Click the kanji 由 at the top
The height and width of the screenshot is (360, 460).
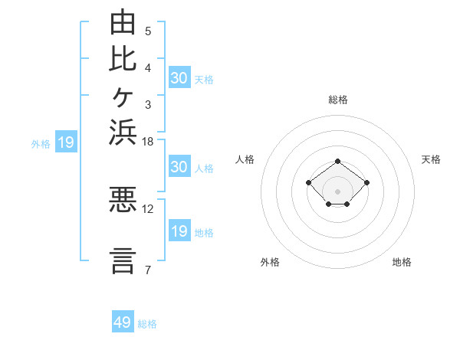coord(123,21)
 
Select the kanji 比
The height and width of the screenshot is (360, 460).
coord(123,59)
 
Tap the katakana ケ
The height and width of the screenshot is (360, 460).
coord(123,97)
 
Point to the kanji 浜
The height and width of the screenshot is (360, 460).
coord(123,133)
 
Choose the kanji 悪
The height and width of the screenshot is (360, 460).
coord(123,199)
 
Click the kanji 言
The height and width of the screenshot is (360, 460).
coord(123,261)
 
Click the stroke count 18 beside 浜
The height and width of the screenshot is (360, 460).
coord(147,142)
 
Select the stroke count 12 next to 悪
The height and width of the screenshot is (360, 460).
coord(147,209)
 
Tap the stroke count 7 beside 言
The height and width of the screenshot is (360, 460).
coord(148,270)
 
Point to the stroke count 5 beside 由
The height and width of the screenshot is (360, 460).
coord(148,31)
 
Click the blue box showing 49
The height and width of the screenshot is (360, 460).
coord(123,321)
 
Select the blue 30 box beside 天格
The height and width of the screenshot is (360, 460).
coord(179,77)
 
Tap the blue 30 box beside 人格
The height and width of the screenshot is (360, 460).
coord(179,166)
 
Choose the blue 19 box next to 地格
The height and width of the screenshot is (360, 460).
coord(179,230)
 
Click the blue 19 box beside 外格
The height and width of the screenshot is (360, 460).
coord(66,141)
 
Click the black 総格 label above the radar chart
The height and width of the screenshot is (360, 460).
coord(338,100)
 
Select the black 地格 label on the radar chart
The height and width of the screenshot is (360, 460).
coord(402,262)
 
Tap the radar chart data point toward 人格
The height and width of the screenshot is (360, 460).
coord(308,182)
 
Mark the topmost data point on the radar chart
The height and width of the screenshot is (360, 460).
coord(337,162)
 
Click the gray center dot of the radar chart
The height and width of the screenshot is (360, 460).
coord(337,191)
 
